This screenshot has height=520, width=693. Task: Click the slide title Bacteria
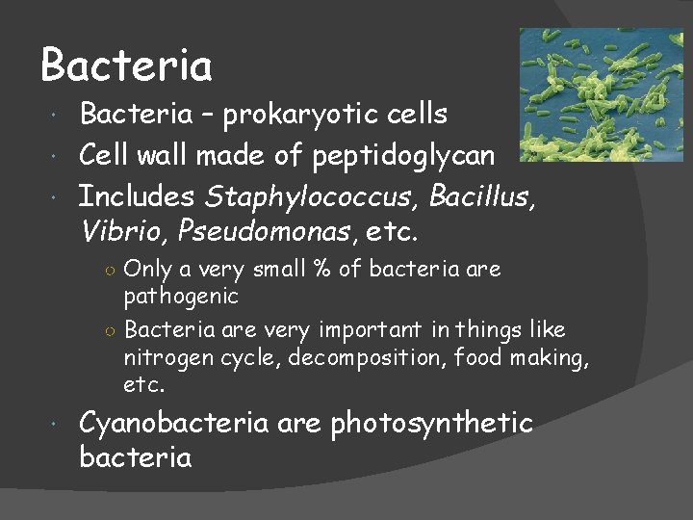126,66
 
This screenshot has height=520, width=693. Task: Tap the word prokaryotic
297,115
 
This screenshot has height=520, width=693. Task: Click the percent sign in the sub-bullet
322,270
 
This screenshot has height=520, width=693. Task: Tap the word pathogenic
181,295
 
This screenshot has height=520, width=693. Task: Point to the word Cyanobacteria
174,423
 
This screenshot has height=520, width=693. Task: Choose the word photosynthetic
431,423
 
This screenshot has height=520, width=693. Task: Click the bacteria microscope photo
601,94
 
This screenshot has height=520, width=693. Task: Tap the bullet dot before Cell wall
61,155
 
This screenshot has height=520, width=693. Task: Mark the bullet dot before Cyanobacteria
61,424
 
